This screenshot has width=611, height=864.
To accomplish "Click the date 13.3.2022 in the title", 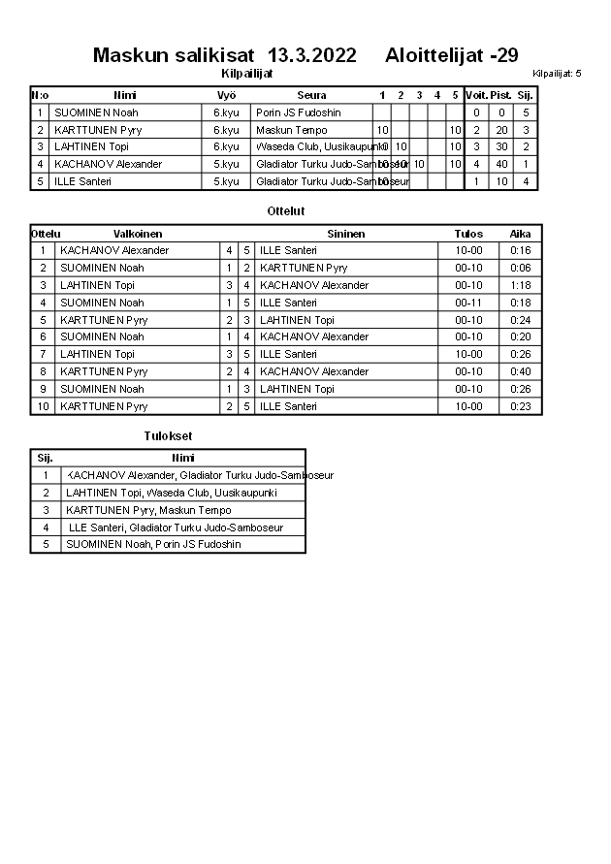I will point(311,55).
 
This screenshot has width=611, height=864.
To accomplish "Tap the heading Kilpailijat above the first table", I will point(247,73).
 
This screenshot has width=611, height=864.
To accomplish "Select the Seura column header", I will point(311,95).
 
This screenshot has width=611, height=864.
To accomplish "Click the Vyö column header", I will point(226,95).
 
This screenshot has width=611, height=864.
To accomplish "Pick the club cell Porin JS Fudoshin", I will point(299,112).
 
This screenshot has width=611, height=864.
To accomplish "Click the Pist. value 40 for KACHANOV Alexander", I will point(501,164).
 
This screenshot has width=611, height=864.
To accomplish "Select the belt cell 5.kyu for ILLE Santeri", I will point(226,181).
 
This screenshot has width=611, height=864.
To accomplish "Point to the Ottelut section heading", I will point(286,210).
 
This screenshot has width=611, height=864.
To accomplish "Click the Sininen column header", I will point(345,234).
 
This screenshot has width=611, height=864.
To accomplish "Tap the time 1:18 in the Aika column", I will point(521,285).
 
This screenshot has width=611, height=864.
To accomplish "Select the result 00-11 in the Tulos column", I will point(468,303).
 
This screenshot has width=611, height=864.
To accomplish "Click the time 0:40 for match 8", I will point(521,371).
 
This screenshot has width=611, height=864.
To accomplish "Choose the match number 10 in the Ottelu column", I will point(43,406).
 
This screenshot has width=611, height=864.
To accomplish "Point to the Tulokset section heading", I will point(168,436).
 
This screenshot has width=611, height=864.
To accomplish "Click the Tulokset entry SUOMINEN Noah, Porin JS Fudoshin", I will point(153,544).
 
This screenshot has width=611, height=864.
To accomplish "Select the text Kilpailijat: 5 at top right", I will point(557,74).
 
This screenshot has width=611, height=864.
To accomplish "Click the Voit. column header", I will point(476,95).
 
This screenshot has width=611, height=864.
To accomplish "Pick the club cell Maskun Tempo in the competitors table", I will point(292,130).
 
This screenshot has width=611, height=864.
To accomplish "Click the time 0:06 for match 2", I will point(521,268).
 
